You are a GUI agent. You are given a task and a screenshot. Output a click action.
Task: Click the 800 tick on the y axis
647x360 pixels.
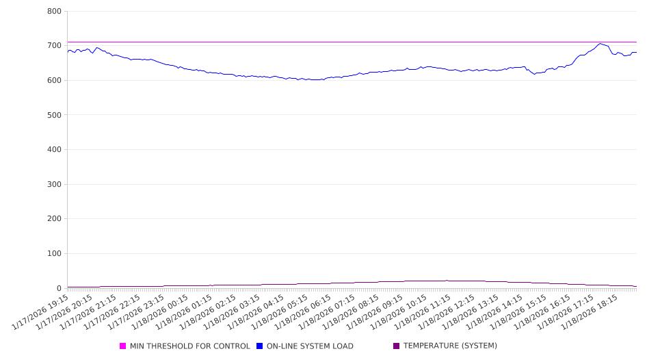[55, 12]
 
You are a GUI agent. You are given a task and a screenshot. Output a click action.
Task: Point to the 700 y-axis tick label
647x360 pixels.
[55, 46]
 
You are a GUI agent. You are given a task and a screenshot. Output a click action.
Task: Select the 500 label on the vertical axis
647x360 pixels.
[55, 115]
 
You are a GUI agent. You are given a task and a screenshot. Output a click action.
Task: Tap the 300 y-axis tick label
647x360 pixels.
[55, 185]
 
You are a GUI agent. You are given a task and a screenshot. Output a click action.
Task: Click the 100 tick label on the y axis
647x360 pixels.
[55, 254]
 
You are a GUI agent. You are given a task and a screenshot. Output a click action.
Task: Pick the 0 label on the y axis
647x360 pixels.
[60, 288]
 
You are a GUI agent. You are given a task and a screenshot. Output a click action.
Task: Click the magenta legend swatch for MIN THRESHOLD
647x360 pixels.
[123, 346]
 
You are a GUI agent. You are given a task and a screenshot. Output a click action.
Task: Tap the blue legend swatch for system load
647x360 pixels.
[260, 346]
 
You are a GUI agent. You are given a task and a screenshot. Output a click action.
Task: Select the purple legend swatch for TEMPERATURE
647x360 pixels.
[397, 346]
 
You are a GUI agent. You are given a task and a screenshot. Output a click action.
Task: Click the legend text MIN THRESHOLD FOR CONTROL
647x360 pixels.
[190, 346]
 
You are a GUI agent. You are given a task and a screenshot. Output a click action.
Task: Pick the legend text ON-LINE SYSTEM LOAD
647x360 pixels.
[310, 346]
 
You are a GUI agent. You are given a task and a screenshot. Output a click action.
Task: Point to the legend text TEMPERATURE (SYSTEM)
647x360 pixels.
[450, 346]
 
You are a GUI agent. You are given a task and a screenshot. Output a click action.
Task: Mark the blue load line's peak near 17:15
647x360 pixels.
[600, 44]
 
